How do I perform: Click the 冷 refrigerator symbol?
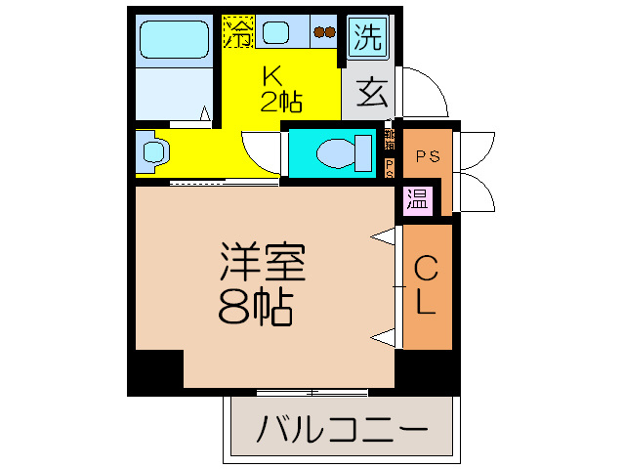[x=237, y=32]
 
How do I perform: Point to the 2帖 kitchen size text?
[x=279, y=100]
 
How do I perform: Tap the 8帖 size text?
[x=257, y=309]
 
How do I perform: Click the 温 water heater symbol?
[x=417, y=199]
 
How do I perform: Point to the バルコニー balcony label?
[x=343, y=429]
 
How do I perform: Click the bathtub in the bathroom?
[x=174, y=41]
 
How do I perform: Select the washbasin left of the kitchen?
[x=155, y=150]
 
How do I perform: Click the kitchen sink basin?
[x=275, y=32]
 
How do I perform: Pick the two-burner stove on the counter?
[x=323, y=32]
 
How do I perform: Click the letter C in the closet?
[x=426, y=266]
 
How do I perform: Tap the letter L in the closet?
[x=426, y=303]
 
